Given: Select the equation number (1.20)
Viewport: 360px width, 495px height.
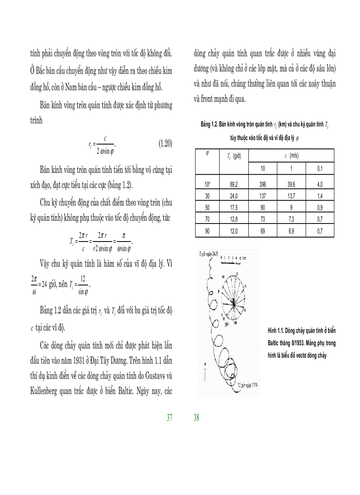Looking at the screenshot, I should click(165, 143).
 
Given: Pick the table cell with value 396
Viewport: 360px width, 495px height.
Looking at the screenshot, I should click(262, 184).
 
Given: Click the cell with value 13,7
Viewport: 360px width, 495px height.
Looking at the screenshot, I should click(291, 196).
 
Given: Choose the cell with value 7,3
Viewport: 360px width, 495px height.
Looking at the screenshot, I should click(291, 219).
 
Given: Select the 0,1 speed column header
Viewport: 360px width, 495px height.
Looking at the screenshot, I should click(320, 168).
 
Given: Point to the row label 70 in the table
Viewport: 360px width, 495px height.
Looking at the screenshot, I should click(207, 219).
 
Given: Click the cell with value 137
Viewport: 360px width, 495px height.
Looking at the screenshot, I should click(262, 196).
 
